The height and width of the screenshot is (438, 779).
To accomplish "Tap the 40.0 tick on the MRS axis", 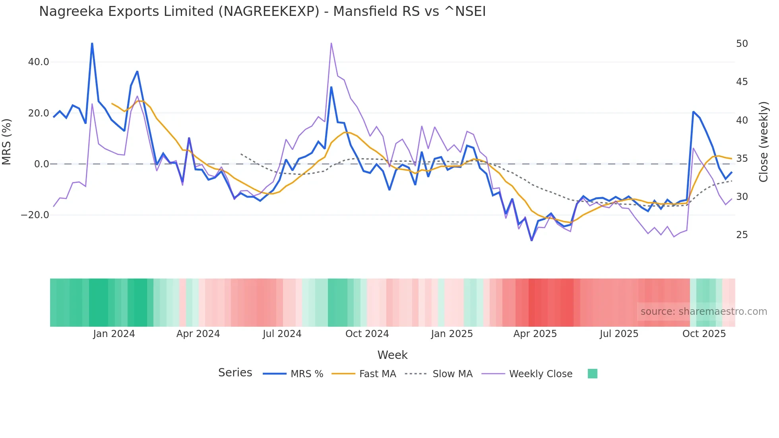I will [x=39, y=62].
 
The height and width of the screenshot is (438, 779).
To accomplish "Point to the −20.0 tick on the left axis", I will [x=35, y=215].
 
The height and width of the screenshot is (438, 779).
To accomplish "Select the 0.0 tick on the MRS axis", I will [x=41, y=164].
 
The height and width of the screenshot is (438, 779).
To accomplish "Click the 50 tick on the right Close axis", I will [x=742, y=44].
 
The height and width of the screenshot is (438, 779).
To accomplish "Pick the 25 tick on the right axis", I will [x=742, y=235].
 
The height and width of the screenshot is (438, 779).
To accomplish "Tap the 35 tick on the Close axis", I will [x=742, y=159].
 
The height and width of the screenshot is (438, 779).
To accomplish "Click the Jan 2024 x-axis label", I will [x=114, y=334].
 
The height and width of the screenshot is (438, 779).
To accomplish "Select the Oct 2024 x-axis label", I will [x=367, y=334].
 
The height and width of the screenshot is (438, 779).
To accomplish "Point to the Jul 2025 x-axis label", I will [x=619, y=334].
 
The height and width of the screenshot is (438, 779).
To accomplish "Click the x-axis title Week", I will [x=392, y=355].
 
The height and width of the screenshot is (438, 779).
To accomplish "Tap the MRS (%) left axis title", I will [x=7, y=141].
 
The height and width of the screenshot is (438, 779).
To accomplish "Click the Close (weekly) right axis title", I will [x=763, y=142].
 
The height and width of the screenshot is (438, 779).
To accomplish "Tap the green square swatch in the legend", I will [x=592, y=374].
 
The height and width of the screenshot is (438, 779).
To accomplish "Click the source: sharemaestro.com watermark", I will [x=703, y=312].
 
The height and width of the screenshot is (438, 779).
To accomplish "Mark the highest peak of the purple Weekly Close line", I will [x=331, y=43].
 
